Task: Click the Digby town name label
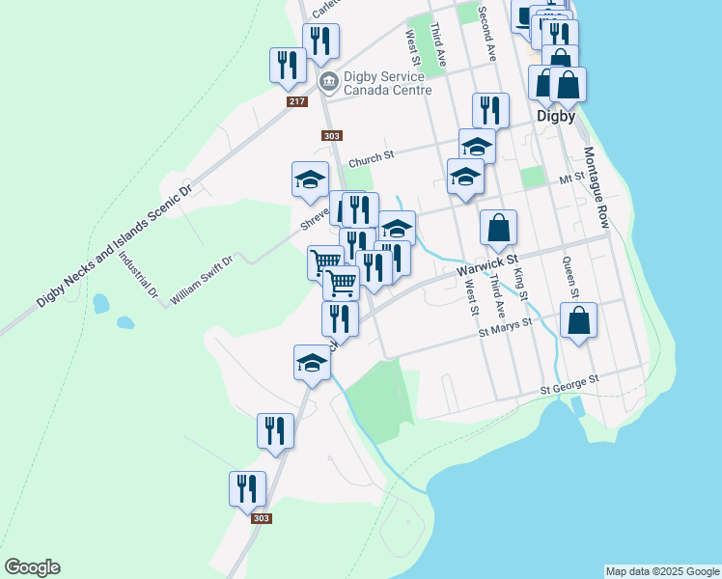click(x=556, y=117)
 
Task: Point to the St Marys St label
click(x=506, y=329)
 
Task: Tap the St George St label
click(x=569, y=383)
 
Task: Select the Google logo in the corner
click(x=32, y=567)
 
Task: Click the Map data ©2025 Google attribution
click(x=662, y=571)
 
